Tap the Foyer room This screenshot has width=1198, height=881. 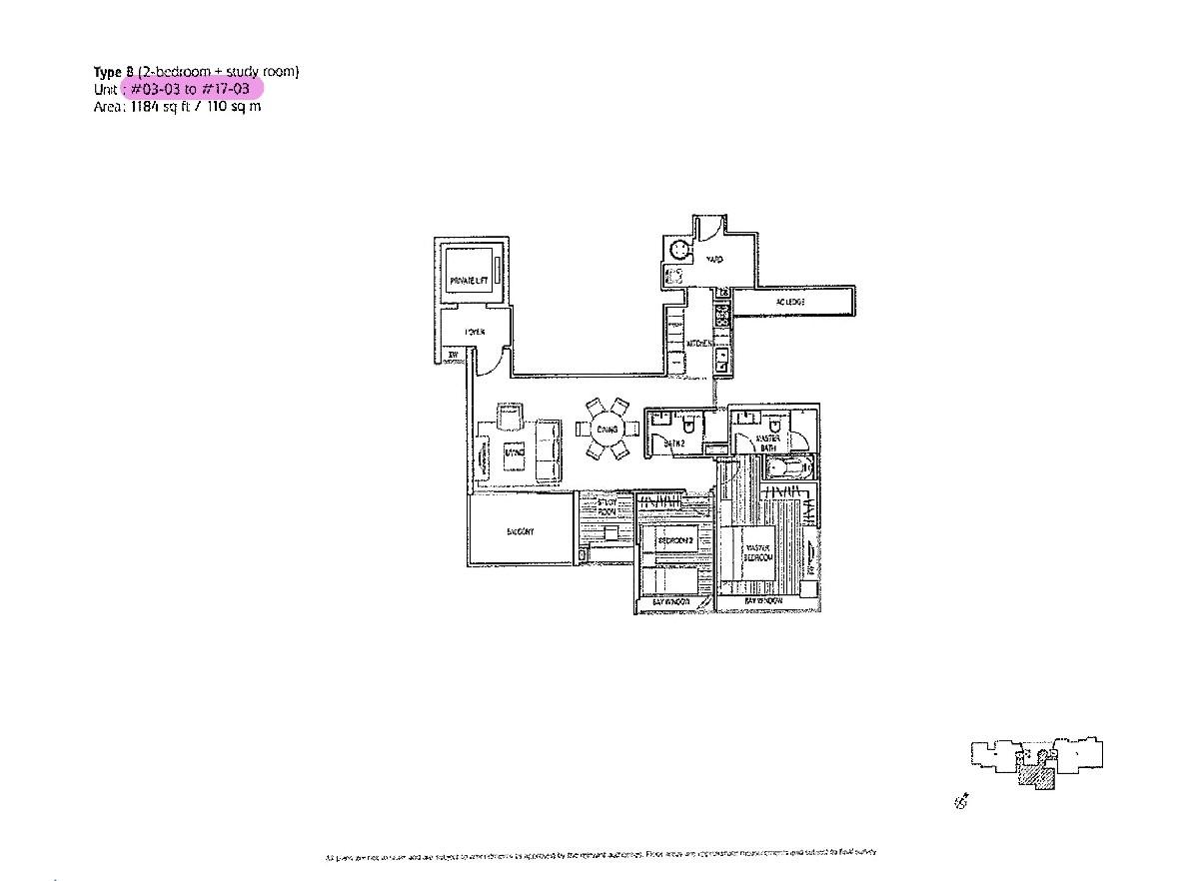pyautogui.click(x=474, y=332)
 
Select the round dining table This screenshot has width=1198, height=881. pyautogui.click(x=605, y=430)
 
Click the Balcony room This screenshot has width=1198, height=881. pyautogui.click(x=520, y=531)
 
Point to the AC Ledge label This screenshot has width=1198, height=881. pyautogui.click(x=790, y=302)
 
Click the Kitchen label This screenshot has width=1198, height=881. pyautogui.click(x=698, y=344)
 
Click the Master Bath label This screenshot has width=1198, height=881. pyautogui.click(x=768, y=443)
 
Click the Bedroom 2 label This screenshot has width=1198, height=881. pyautogui.click(x=674, y=540)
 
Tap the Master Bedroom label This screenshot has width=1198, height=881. pyautogui.click(x=756, y=552)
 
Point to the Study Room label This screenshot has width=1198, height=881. pyautogui.click(x=606, y=506)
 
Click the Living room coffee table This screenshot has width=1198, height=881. pyautogui.click(x=514, y=453)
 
